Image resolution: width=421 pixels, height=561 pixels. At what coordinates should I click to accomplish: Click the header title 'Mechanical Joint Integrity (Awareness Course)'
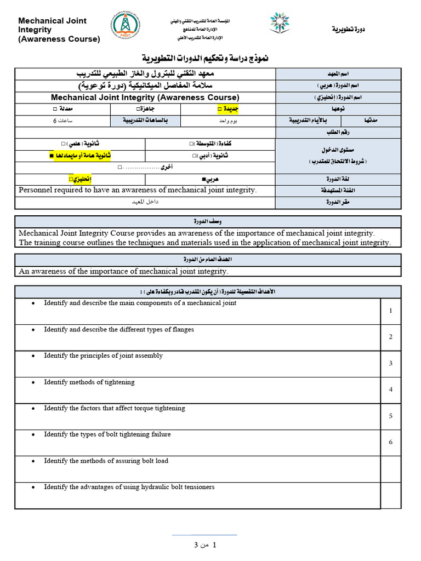click(59, 30)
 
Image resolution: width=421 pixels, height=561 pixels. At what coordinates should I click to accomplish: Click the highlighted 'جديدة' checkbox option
click(228, 108)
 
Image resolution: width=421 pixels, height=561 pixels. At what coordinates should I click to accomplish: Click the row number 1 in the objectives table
click(391, 311)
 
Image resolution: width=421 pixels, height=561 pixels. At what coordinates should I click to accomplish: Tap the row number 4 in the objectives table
click(391, 390)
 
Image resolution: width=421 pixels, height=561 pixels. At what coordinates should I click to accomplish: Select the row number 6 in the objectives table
click(391, 442)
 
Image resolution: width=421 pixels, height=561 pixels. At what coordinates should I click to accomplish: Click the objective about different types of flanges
click(119, 329)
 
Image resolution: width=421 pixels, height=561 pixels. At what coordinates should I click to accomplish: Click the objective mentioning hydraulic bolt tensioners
click(129, 486)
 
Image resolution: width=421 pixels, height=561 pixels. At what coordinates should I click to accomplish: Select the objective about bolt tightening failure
click(107, 434)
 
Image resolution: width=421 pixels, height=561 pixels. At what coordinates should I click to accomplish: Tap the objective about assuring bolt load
click(106, 461)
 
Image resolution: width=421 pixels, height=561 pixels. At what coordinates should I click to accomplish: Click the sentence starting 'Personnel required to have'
click(138, 190)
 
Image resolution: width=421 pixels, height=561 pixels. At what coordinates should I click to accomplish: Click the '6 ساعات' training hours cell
click(62, 121)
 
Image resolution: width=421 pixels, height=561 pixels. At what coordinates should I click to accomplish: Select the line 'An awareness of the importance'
click(123, 271)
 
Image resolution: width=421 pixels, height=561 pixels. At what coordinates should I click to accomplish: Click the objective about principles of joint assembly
click(104, 356)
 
